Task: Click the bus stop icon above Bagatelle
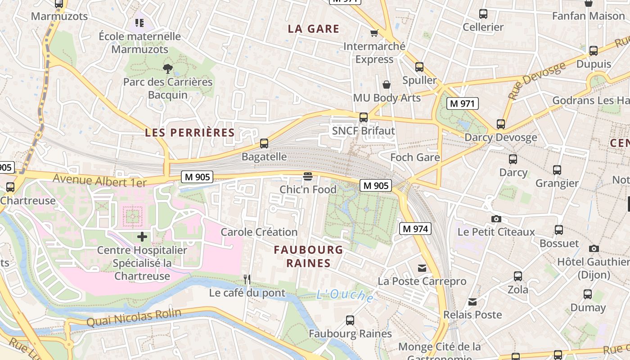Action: point(264,144)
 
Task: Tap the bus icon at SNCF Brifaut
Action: point(364,117)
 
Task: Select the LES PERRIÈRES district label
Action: point(190,132)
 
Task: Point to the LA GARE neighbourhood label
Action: point(314,29)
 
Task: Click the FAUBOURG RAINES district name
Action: point(309,256)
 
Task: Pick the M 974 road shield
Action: point(415,229)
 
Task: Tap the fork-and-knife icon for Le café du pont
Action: point(247,279)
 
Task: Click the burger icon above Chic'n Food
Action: point(308,176)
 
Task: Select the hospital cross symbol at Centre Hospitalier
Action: point(142,237)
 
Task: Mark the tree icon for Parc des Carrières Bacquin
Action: point(168,69)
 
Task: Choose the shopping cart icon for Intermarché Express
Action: point(374,33)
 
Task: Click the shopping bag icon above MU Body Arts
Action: point(387,85)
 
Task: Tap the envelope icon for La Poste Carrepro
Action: point(422,268)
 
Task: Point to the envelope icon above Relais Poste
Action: point(472,301)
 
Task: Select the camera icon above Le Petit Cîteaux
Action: point(496,219)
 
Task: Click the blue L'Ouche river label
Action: point(345,295)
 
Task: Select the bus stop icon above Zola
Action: point(518,276)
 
